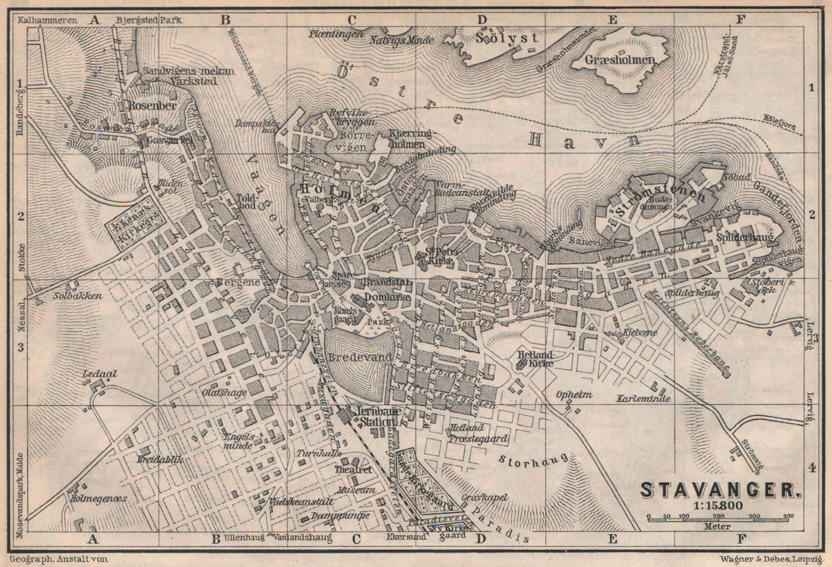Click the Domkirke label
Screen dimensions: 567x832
(x=381, y=296)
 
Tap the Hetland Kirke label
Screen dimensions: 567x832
(x=536, y=359)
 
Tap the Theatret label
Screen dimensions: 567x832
(x=356, y=469)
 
